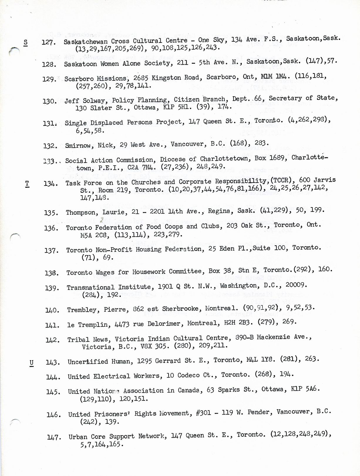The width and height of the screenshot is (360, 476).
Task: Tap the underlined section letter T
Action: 27,184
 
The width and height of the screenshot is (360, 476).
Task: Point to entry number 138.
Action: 51,273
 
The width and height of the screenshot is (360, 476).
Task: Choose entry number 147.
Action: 54,438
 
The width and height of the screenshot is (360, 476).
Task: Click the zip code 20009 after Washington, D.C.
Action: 296,285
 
